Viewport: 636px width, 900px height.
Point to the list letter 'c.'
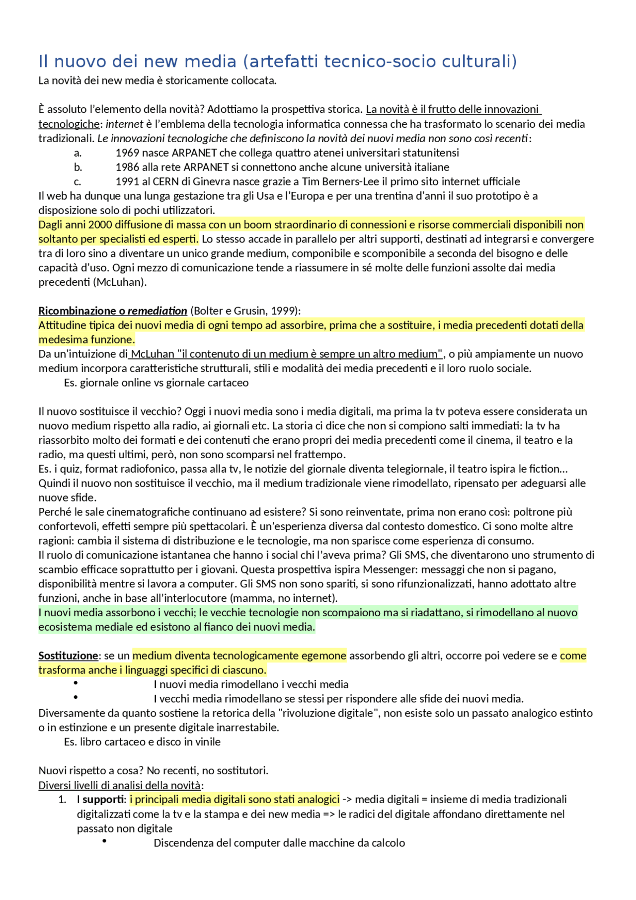(78, 182)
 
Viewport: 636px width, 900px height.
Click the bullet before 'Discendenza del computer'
(104, 841)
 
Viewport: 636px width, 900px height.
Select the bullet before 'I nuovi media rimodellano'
(76, 683)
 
